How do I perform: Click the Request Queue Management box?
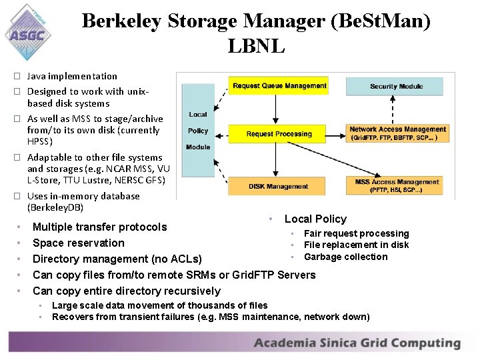click(279, 86)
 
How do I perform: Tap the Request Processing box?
click(279, 133)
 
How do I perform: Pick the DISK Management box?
click(279, 186)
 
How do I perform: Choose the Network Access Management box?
click(397, 133)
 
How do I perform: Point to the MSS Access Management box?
click(397, 185)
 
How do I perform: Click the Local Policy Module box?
click(198, 131)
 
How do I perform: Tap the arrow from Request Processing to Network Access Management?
click(337, 133)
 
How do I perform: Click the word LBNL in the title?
click(256, 47)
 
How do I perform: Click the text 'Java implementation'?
click(72, 76)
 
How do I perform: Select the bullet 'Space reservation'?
click(79, 243)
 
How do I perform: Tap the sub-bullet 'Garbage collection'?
click(345, 257)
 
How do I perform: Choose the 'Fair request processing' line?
click(356, 233)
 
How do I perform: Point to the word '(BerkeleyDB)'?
click(55, 207)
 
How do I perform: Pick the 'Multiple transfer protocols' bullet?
click(100, 227)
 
